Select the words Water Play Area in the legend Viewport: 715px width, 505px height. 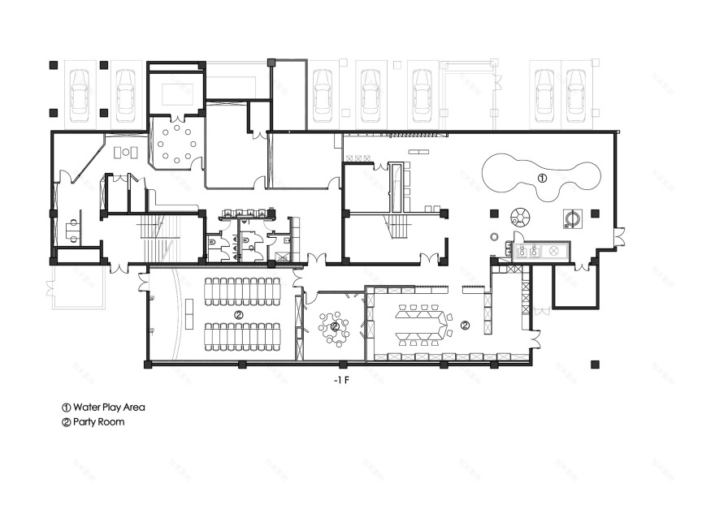pyautogui.click(x=109, y=407)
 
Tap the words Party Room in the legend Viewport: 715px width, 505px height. pyautogui.click(x=98, y=422)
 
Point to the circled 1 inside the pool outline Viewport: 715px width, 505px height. pyautogui.click(x=543, y=176)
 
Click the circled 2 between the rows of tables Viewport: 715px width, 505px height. pyautogui.click(x=238, y=313)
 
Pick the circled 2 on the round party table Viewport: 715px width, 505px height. pyautogui.click(x=335, y=326)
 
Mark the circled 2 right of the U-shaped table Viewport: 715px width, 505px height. pyautogui.click(x=464, y=325)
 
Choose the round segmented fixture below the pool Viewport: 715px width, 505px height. pyautogui.click(x=519, y=216)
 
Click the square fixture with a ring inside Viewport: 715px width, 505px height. pyautogui.click(x=574, y=218)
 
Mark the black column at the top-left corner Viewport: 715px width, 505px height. pyautogui.click(x=54, y=64)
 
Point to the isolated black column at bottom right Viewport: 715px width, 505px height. pyautogui.click(x=596, y=365)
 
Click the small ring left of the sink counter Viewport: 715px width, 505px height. pyautogui.click(x=494, y=236)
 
